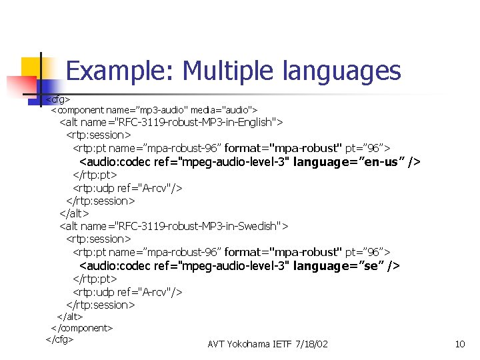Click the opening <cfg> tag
(x=58, y=99)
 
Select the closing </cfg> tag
(x=59, y=339)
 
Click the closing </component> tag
(x=82, y=328)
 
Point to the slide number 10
(x=459, y=344)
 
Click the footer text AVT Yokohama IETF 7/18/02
(x=267, y=344)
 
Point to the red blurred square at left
(x=19, y=87)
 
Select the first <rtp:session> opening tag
(x=99, y=135)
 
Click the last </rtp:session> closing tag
(x=100, y=305)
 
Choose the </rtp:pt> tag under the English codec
(x=95, y=175)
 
